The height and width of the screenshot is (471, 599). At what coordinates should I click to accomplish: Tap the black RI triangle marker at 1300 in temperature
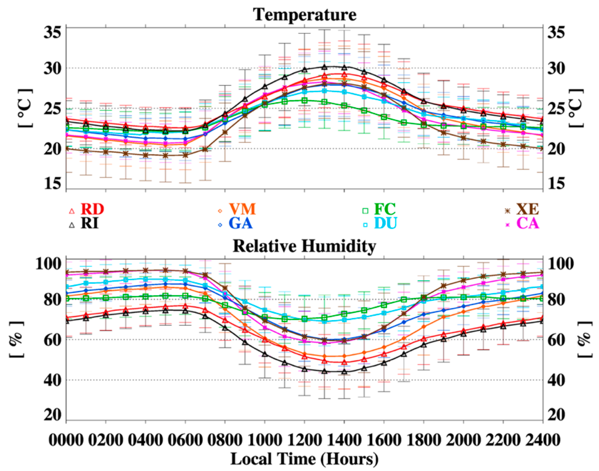coord(324,67)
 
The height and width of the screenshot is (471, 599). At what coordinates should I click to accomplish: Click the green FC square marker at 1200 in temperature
coord(305,101)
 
